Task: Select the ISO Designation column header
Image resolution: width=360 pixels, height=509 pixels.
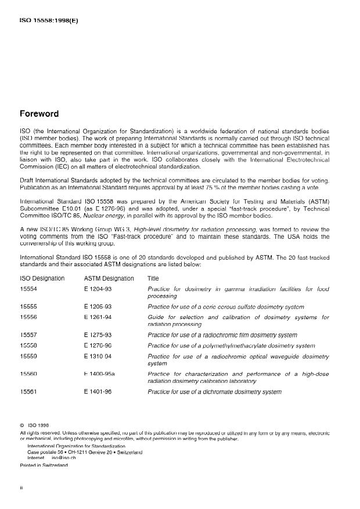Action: point(42,278)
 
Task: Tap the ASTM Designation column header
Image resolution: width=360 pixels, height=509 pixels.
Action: point(109,278)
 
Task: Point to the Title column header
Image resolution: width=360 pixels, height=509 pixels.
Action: point(153,278)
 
